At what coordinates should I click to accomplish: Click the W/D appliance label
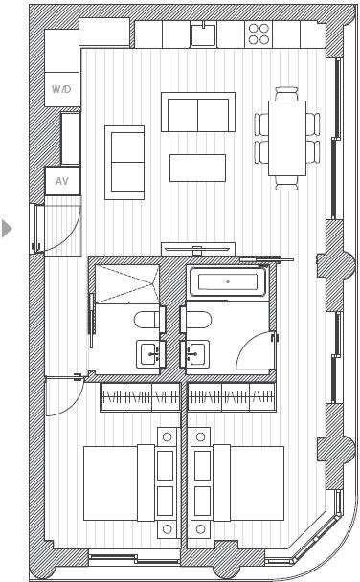click(60, 88)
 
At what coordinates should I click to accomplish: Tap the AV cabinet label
click(61, 180)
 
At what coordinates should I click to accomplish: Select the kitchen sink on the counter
click(204, 34)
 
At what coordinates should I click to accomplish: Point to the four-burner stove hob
click(259, 34)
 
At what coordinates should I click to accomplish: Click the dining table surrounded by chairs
click(287, 138)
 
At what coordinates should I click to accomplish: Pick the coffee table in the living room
click(197, 168)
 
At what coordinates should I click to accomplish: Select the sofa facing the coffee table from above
click(197, 112)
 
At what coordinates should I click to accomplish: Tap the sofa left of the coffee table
click(124, 162)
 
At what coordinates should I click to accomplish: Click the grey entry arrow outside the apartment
click(8, 229)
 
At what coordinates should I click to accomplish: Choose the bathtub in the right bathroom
click(228, 282)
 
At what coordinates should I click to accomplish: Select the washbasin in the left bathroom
click(150, 353)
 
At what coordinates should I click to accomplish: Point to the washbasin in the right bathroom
click(197, 353)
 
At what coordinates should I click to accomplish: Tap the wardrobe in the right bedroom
click(231, 398)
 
